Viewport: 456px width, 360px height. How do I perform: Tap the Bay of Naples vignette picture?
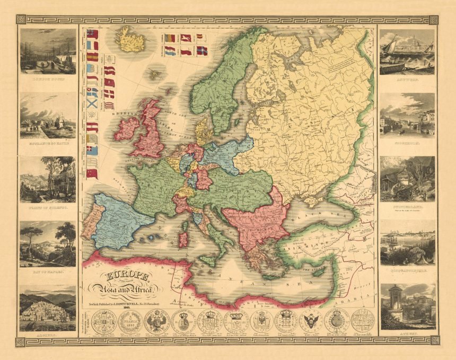point(47,243)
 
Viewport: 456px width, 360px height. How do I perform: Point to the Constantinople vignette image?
point(407,243)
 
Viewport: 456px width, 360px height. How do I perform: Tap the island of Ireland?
point(126,129)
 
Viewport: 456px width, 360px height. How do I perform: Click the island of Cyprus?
point(318,271)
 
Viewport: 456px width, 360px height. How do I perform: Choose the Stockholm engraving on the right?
point(407,116)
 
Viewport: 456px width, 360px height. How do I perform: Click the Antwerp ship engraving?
point(407,51)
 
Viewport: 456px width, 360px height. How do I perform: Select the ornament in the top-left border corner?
point(21,20)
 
